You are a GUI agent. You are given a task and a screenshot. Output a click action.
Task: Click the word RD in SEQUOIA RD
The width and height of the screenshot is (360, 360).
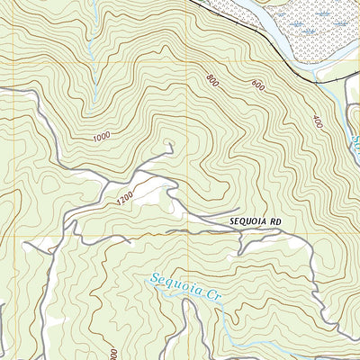[263, 220]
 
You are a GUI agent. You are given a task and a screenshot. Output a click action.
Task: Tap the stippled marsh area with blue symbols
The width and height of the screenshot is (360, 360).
[315, 27]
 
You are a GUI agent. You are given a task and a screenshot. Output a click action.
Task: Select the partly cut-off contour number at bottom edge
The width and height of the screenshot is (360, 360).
[113, 354]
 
